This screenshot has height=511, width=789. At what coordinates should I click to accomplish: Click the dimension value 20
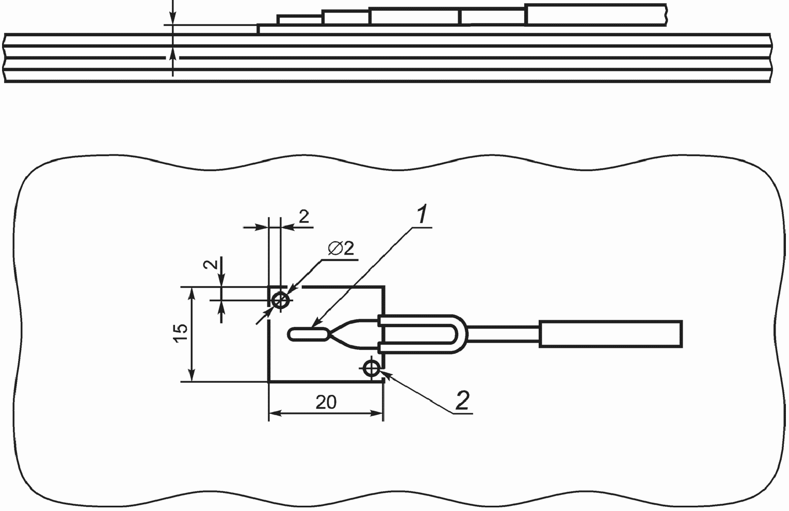pos(326,402)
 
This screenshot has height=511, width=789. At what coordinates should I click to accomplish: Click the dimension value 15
pos(180,333)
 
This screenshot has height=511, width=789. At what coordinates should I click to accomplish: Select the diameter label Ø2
pos(341,249)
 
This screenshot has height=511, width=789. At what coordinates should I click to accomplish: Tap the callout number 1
pos(421,214)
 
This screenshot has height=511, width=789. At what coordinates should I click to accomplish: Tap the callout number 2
pos(462,400)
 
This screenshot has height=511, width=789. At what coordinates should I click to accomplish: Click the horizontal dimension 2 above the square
pos(303,216)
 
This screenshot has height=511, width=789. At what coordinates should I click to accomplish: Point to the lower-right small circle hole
pos(371,368)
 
